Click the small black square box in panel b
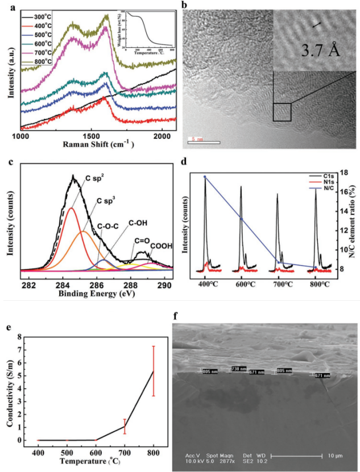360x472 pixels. [282, 111]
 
